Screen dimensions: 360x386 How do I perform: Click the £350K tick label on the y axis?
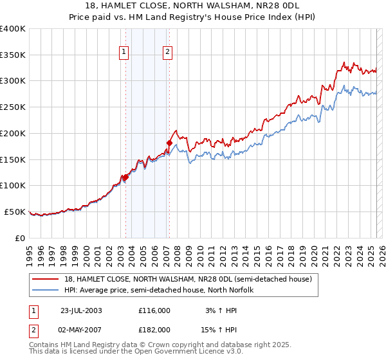[13, 55]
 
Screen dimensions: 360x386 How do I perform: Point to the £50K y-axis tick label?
[15, 212]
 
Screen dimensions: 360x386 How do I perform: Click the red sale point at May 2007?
[169, 143]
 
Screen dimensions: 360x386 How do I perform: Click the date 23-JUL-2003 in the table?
[81, 310]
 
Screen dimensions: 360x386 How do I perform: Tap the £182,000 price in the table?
[154, 329]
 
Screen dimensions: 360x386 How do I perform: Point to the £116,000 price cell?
[154, 310]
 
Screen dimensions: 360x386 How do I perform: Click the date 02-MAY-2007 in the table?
[81, 329]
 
